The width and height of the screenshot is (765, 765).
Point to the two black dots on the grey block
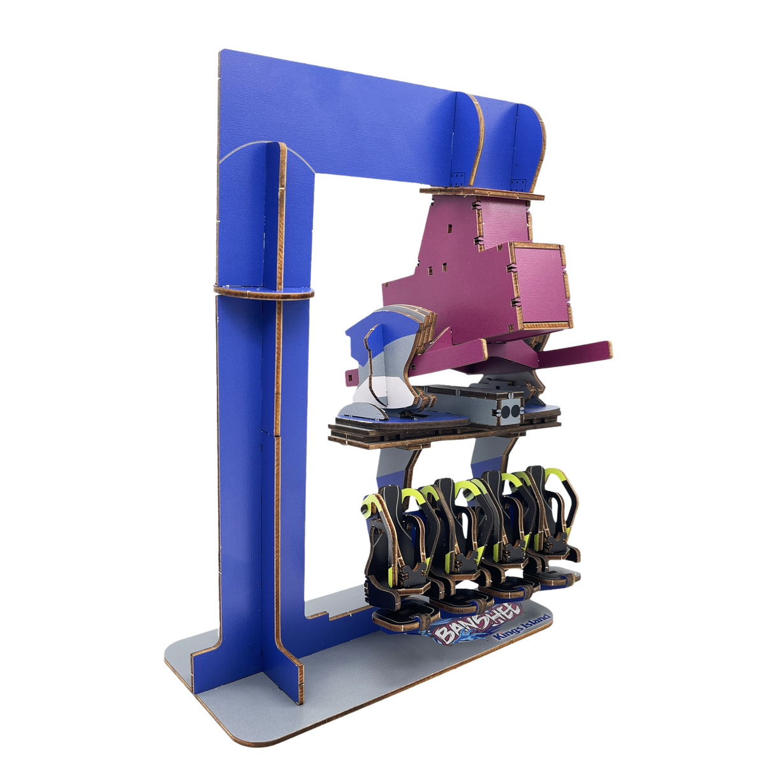click(510, 412)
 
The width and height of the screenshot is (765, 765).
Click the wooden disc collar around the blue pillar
click(263, 293)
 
